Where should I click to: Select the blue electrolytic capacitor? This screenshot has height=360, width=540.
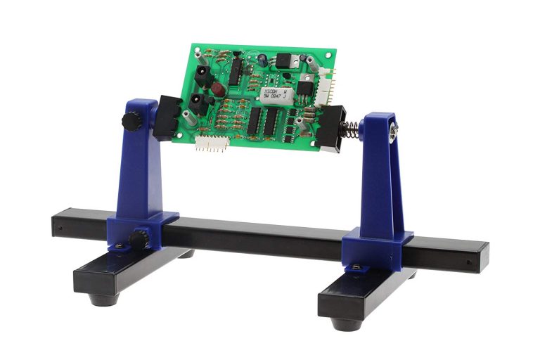(x=262, y=60)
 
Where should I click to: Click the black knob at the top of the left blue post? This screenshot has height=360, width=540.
(x=131, y=121)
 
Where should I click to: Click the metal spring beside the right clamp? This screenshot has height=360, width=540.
(x=350, y=129)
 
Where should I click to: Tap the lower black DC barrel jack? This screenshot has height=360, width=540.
(x=199, y=103)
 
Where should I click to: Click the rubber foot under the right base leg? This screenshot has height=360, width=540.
(x=347, y=324)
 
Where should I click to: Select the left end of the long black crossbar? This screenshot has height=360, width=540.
(x=58, y=225)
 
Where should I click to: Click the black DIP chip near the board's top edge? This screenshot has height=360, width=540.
(x=236, y=69)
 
